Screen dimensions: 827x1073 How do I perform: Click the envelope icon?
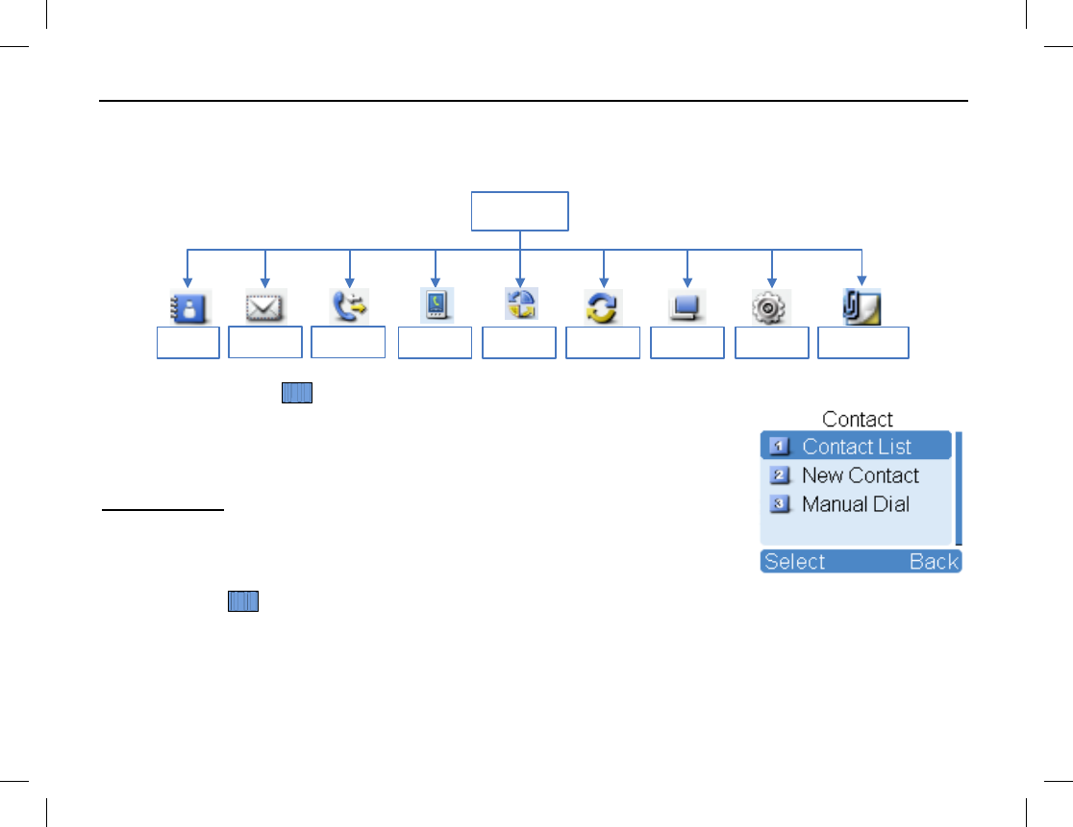tap(264, 307)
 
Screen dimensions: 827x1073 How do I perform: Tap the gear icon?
tap(771, 307)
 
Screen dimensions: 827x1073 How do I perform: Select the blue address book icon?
tap(187, 307)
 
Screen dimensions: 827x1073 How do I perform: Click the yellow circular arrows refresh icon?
tap(603, 307)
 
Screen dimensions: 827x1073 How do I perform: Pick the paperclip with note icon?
tap(861, 306)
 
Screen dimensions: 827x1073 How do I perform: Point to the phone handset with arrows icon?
tap(349, 305)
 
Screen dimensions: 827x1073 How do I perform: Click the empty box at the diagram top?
tap(519, 211)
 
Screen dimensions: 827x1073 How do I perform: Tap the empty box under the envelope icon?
tap(265, 342)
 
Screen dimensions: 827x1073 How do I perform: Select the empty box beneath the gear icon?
tap(771, 343)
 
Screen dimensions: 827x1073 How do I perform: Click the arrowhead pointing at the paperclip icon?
tap(861, 280)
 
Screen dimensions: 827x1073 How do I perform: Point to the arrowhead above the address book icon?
tap(187, 280)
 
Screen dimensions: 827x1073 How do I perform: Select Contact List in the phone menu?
tap(857, 447)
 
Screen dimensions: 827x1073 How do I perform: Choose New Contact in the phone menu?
tap(860, 475)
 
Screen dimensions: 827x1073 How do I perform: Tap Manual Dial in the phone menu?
tap(855, 504)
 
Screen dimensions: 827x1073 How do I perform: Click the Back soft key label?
tap(934, 562)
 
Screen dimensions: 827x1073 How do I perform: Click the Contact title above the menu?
tap(858, 420)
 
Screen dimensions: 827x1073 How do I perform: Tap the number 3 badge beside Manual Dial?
tap(779, 504)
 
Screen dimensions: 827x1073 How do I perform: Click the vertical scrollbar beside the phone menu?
tap(958, 490)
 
